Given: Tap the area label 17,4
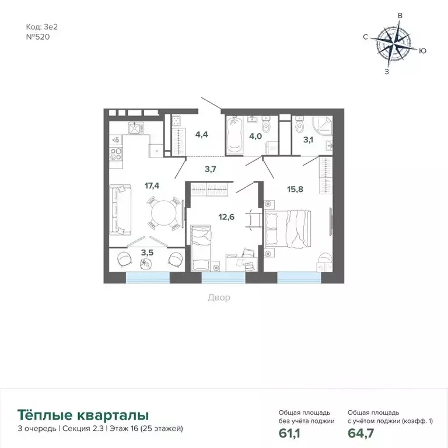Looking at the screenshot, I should [x=152, y=186].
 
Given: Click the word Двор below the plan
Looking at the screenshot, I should [x=219, y=297].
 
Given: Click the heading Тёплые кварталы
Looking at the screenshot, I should [x=83, y=415].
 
